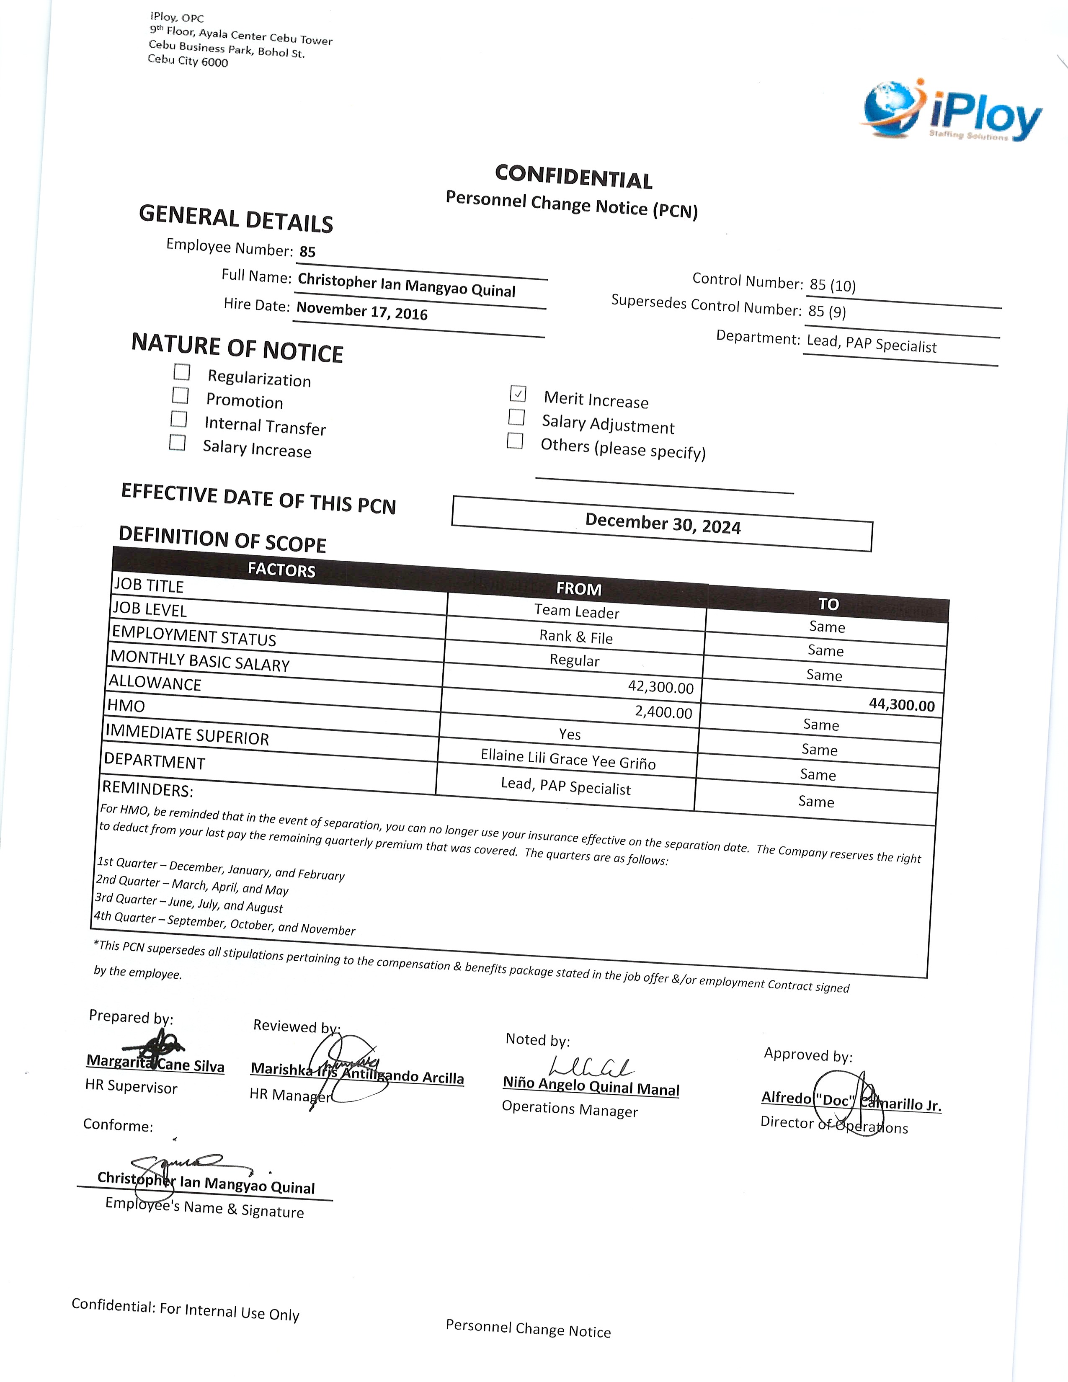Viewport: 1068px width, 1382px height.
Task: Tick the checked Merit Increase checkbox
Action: tap(518, 394)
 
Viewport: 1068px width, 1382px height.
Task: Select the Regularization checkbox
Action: tap(182, 371)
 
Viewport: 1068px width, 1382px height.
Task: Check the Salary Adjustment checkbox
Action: tap(516, 417)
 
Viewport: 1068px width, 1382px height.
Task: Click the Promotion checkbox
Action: tap(181, 395)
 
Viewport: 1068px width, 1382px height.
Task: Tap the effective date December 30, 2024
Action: tap(663, 524)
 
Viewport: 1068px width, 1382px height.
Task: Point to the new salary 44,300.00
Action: tap(902, 705)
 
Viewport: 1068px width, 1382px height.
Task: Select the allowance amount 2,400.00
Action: tap(663, 712)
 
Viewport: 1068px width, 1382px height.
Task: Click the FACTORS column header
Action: tap(281, 570)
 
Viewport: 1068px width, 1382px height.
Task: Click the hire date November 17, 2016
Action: tap(362, 311)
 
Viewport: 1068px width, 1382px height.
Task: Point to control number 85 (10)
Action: tap(833, 285)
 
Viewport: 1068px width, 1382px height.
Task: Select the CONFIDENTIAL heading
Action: tap(574, 177)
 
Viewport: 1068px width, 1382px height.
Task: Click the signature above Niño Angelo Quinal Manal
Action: tap(591, 1066)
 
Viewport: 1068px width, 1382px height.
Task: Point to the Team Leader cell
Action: tap(576, 611)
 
